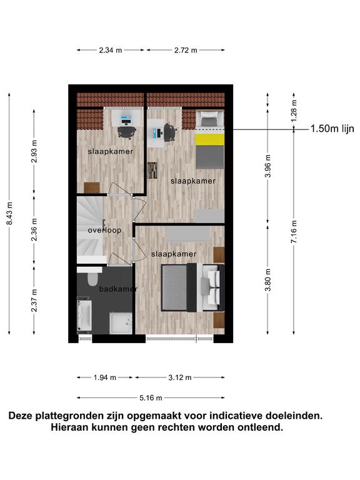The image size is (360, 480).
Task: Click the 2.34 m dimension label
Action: coord(111,50)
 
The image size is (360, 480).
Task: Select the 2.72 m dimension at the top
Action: coord(186,50)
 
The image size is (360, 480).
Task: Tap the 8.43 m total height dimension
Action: coord(10,213)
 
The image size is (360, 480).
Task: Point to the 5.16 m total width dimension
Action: coord(151,398)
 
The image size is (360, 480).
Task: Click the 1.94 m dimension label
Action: coord(105,377)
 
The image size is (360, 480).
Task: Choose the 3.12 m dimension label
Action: coord(180,377)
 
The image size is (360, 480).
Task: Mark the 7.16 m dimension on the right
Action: coord(294,232)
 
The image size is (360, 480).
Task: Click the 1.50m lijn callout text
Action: coord(332,129)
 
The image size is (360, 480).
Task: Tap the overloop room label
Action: coord(105,230)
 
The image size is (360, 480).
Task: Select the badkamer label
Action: coord(118,289)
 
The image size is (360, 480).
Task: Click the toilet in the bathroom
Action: coord(92,279)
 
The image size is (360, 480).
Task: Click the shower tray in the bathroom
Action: coord(121,323)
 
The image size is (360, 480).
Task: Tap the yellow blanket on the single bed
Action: coord(210,139)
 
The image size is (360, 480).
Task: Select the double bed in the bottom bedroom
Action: coord(193,287)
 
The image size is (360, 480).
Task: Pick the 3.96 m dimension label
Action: coord(268,166)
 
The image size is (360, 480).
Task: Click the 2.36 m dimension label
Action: coord(34,229)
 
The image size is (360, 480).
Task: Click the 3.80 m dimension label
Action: coord(268,280)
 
